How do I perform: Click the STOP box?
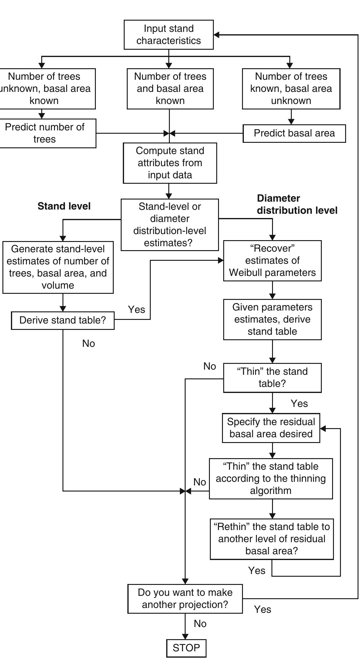pyautogui.click(x=186, y=648)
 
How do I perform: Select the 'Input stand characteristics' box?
pyautogui.click(x=169, y=35)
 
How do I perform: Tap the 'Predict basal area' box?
pyautogui.click(x=294, y=133)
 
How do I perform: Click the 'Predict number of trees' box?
pyautogui.click(x=45, y=133)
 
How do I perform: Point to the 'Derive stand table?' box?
pyautogui.click(x=62, y=320)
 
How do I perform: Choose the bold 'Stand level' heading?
pyautogui.click(x=64, y=206)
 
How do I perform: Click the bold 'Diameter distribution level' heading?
pyautogui.click(x=297, y=204)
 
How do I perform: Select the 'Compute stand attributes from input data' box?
pyautogui.click(x=170, y=163)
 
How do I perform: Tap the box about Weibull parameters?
pyautogui.click(x=272, y=260)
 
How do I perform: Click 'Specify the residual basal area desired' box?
pyautogui.click(x=271, y=428)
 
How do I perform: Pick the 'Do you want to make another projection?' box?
pyautogui.click(x=185, y=598)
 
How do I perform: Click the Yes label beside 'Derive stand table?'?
pyautogui.click(x=136, y=310)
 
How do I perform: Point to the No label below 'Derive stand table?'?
pyautogui.click(x=89, y=344)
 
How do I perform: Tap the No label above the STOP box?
pyautogui.click(x=200, y=624)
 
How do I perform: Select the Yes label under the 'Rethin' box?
pyautogui.click(x=257, y=571)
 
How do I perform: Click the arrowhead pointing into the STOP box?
pyautogui.click(x=185, y=636)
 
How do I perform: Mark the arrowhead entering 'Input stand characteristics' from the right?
pyautogui.click(x=217, y=35)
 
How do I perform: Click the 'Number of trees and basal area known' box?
pyautogui.click(x=170, y=89)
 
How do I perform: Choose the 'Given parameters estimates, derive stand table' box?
pyautogui.click(x=272, y=319)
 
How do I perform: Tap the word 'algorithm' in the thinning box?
pyautogui.click(x=271, y=491)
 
